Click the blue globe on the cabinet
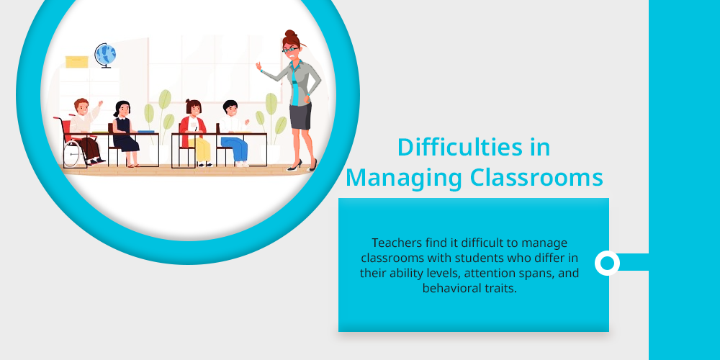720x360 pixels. click(105, 55)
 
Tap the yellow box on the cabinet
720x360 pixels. click(77, 62)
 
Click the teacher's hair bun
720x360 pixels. click(289, 35)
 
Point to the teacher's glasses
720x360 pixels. click(290, 49)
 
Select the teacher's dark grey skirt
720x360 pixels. click(301, 116)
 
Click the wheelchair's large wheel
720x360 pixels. click(71, 153)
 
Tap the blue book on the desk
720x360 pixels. click(146, 132)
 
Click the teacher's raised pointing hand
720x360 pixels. click(259, 66)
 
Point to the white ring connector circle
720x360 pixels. click(607, 263)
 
